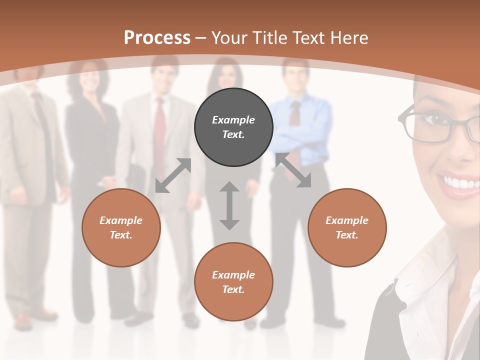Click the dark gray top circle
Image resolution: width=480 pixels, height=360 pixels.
(233, 127)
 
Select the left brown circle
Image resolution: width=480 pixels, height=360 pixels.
(121, 227)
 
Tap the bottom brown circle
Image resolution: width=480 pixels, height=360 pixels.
(233, 282)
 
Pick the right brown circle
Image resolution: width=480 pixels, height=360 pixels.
(347, 227)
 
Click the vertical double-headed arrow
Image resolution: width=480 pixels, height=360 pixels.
(229, 205)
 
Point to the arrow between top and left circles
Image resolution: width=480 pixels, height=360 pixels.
(173, 175)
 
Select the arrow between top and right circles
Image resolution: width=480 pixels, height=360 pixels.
(293, 170)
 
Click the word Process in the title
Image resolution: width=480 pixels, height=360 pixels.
(157, 37)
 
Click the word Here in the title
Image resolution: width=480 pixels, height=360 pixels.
(349, 37)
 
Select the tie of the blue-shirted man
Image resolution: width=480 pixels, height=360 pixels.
(295, 115)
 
